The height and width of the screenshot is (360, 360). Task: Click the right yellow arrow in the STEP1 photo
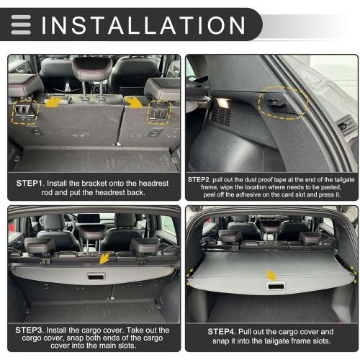pyautogui.click(x=135, y=103)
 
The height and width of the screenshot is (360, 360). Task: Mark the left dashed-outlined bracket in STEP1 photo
pyautogui.click(x=26, y=112)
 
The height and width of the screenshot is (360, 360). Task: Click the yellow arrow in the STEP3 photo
pyautogui.click(x=107, y=258)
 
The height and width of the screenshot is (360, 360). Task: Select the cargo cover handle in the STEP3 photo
pyautogui.click(x=96, y=276)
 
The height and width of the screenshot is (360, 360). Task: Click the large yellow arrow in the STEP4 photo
pyautogui.click(x=270, y=274)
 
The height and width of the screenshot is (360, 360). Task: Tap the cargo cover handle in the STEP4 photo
pyautogui.click(x=274, y=286)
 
